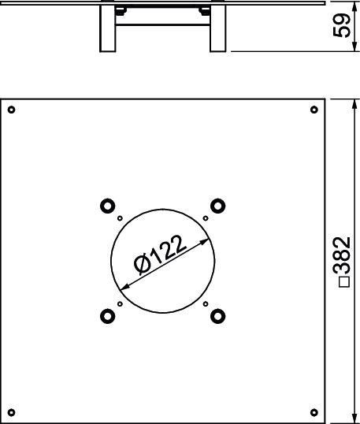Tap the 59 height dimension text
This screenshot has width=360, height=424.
(342, 26)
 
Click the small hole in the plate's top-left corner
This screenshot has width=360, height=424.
(11, 110)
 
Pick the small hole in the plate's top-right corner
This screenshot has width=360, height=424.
(314, 110)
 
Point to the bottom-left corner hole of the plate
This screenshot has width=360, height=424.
(11, 413)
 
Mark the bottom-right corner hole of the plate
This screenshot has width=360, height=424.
(314, 413)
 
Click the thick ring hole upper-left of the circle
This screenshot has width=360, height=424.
(108, 206)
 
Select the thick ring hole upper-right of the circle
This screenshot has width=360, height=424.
(218, 206)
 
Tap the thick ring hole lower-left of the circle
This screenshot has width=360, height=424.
(108, 316)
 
